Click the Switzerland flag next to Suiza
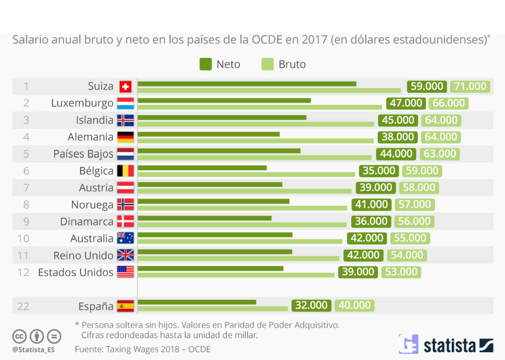coord(125,86)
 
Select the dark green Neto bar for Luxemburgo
coord(224,100)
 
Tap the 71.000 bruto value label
coord(470,86)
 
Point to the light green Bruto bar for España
coord(213,308)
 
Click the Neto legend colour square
coord(205,64)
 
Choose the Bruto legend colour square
coord(267,64)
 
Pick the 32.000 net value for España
coord(311,305)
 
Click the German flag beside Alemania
coord(125,137)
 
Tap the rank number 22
coord(23,306)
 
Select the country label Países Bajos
coord(83,154)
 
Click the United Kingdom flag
coord(125,255)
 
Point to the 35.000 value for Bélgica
coord(379,171)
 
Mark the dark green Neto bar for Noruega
coord(214,201)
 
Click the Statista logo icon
coord(408,345)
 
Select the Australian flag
coord(125,238)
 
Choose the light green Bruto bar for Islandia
coord(256,124)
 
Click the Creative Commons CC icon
coord(20,336)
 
